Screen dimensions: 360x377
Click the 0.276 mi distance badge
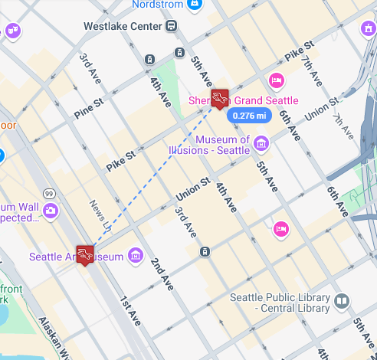point(251,116)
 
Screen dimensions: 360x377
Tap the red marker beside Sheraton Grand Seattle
point(220,97)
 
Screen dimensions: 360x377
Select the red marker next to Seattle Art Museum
point(85,253)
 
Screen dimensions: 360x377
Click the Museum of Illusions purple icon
point(261,143)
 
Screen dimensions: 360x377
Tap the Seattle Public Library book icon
point(342,302)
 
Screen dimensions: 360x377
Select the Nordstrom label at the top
point(158,5)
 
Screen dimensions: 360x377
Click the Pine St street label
point(89,108)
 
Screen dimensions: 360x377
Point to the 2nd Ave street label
point(161,273)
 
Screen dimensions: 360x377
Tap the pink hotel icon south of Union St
point(281,228)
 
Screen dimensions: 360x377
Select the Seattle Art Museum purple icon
point(136,255)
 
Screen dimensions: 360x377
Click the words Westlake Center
point(122,26)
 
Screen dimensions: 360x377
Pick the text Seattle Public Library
point(280,303)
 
